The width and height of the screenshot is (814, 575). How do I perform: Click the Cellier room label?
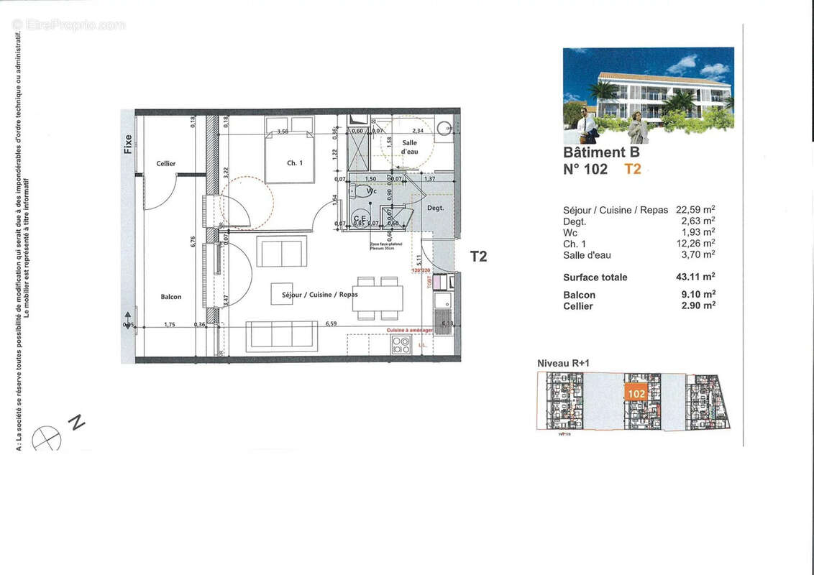(166, 164)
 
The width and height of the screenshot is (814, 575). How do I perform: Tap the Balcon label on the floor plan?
(171, 297)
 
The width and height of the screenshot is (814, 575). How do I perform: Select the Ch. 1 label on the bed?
(295, 163)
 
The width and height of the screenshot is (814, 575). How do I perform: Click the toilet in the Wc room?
(357, 192)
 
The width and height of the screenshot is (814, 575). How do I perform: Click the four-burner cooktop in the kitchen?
(401, 345)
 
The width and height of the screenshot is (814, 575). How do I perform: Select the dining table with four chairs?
(378, 298)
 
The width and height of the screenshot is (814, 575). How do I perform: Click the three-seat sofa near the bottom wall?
(282, 336)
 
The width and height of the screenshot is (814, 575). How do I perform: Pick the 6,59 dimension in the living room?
(331, 323)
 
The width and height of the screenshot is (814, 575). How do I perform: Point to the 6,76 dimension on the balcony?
(193, 241)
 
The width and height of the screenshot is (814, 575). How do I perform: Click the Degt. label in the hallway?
(436, 208)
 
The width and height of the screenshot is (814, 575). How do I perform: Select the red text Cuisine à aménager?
(410, 330)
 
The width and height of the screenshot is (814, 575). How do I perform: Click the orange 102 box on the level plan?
(636, 394)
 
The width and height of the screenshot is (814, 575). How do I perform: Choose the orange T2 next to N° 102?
(632, 170)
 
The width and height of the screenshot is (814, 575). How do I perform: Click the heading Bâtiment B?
(601, 152)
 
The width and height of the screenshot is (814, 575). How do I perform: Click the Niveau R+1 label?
(564, 364)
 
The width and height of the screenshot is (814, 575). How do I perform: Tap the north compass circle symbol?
(47, 438)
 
